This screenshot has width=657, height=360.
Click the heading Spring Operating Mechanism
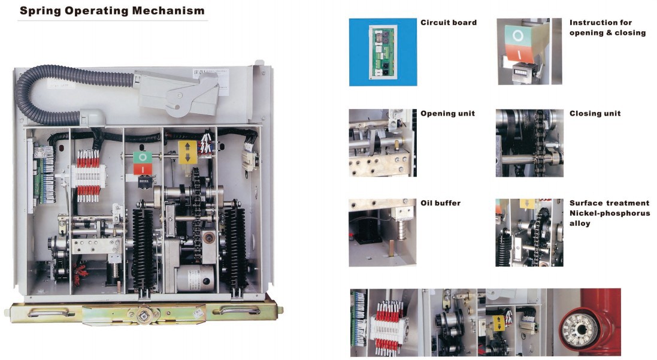coord(112,11)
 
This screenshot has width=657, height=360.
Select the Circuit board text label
coord(449,23)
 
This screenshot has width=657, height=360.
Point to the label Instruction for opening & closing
coord(607,28)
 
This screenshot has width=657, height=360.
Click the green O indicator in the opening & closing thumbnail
coord(518,35)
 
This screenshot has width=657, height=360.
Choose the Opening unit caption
coord(447,114)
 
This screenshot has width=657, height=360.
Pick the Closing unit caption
coord(595,114)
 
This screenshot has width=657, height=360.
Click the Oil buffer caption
coord(440,204)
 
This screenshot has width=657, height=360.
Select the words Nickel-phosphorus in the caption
coord(609,213)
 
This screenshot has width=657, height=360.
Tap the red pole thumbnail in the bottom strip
coord(587,322)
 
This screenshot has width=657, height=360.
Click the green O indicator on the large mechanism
coord(143,158)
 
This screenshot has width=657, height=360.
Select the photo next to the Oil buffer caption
coord(383,232)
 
